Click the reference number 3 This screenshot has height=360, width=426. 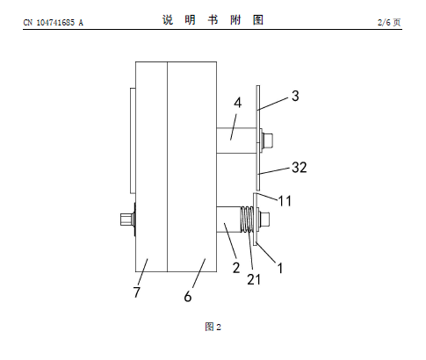point(295,96)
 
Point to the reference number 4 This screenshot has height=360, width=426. point(238,103)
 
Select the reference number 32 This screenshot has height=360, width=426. point(300,168)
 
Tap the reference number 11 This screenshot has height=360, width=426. point(285,201)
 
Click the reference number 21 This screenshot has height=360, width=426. point(254,279)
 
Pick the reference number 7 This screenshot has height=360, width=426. point(137,292)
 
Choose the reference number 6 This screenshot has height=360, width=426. point(188,296)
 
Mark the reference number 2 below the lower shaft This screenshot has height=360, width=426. point(236,268)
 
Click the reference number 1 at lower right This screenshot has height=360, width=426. point(280,268)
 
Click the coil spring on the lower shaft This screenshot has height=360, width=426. point(248,220)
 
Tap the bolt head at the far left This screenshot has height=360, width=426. point(126,220)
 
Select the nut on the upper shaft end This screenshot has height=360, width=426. point(267,140)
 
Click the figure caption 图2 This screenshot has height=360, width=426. point(213,327)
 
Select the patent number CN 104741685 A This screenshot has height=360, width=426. point(53,23)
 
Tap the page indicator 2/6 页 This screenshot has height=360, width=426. point(389,22)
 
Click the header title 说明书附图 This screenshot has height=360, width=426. point(213,20)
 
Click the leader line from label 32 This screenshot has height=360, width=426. point(275,171)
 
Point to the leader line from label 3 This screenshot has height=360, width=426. point(273,104)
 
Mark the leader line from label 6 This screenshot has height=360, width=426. point(199,273)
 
